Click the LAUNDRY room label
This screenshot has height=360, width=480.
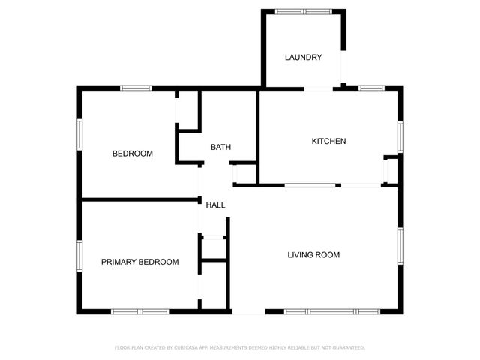click(x=303, y=58)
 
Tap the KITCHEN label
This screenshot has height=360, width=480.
click(x=328, y=141)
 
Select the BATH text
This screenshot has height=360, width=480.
click(x=220, y=147)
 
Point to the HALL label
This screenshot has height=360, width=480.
click(x=215, y=205)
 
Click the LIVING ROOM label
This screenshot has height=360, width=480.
click(x=313, y=255)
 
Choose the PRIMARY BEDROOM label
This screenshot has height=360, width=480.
click(x=140, y=262)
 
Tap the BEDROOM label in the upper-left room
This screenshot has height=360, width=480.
click(x=133, y=154)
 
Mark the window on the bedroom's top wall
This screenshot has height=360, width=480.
click(x=136, y=88)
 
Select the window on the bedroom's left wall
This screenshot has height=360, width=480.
click(x=79, y=134)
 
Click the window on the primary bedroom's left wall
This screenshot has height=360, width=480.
click(x=79, y=253)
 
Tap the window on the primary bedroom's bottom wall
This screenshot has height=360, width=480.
click(x=140, y=311)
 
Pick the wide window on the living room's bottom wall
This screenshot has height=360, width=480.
click(x=332, y=311)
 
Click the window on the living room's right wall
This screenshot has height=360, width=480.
click(x=400, y=247)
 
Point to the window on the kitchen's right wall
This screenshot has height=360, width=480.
click(x=400, y=136)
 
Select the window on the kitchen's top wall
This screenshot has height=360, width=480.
click(x=371, y=88)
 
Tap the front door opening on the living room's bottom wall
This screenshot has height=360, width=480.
click(x=249, y=311)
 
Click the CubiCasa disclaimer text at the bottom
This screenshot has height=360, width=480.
click(x=240, y=347)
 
